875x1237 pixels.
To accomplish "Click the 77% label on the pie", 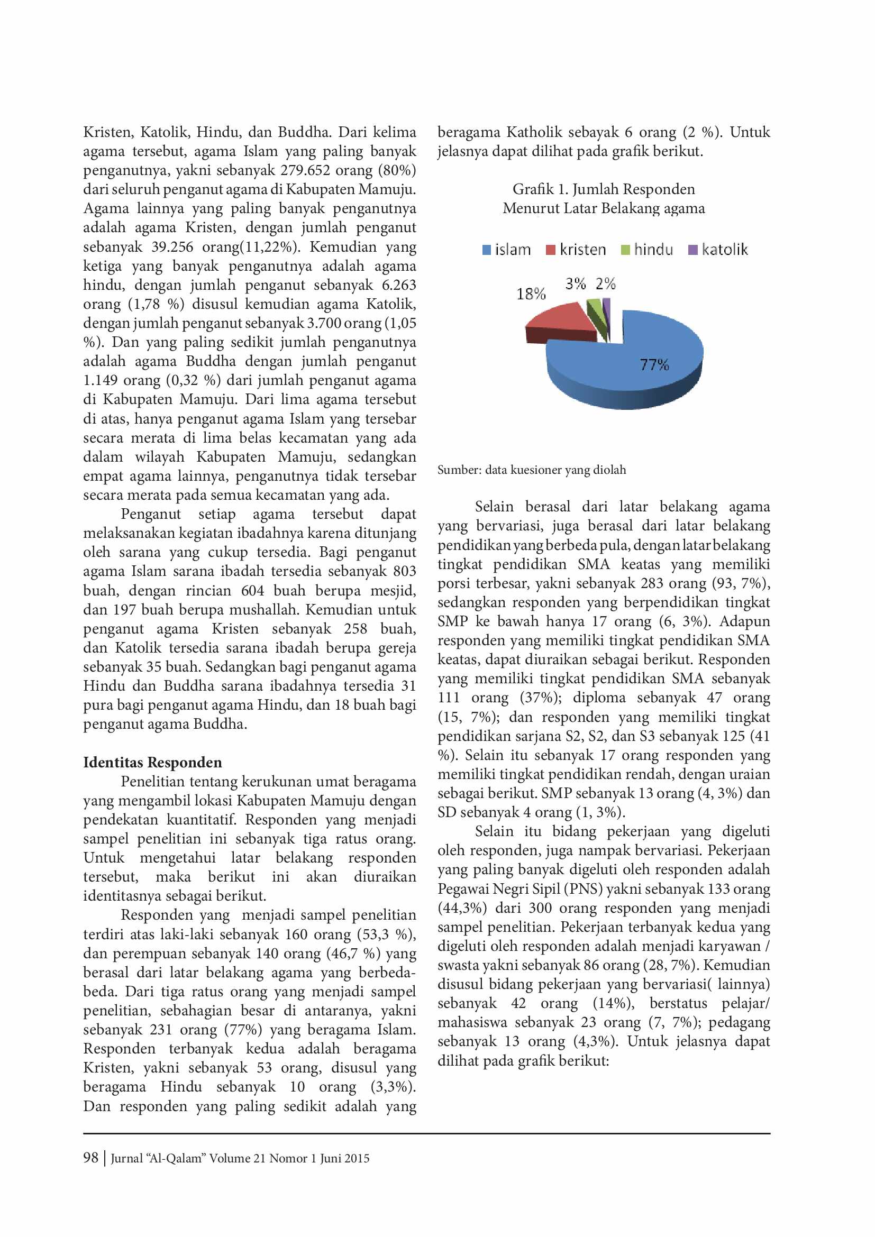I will point(654,365).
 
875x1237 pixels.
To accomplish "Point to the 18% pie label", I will point(531,294).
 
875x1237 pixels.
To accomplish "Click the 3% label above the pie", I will point(576,283).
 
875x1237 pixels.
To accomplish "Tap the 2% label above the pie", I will point(606,283).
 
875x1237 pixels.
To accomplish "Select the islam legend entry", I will point(506,250).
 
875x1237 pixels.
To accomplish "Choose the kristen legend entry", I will point(576,250).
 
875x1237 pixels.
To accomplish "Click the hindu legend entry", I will point(647,250).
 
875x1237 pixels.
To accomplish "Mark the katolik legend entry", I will point(718,250).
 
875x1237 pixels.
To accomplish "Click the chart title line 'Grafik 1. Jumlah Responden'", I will point(604,189).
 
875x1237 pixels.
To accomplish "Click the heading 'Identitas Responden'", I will point(152,763).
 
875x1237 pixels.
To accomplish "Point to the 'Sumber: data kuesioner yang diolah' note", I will point(531,470).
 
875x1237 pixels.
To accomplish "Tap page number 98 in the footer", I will point(90,1158).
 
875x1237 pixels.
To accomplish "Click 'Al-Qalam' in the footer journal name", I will point(175,1158).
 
